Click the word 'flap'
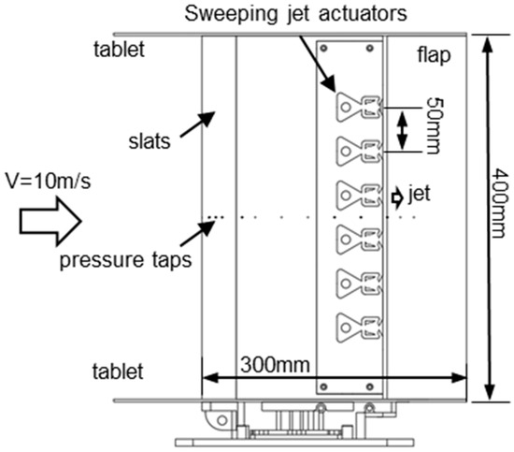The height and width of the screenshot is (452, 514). [x=435, y=55]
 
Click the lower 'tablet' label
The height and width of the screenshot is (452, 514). [x=119, y=372]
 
